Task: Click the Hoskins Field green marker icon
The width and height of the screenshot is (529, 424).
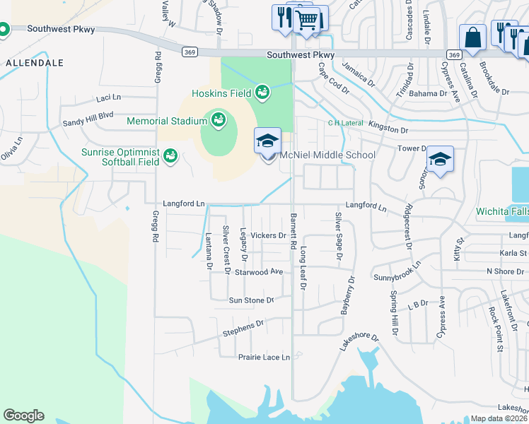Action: click(262, 92)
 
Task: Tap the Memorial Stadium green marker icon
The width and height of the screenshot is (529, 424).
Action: click(217, 119)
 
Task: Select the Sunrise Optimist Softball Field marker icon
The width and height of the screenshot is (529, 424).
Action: click(170, 155)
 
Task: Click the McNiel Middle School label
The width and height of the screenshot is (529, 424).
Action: click(327, 155)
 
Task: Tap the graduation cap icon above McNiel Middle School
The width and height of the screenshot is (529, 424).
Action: click(268, 140)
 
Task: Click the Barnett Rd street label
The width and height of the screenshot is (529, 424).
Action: click(293, 231)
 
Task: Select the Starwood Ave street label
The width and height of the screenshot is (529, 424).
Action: click(259, 271)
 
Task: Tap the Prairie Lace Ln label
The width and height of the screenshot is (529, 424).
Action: click(264, 358)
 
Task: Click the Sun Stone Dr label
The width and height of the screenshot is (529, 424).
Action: click(250, 300)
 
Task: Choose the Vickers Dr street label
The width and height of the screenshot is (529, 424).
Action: click(268, 235)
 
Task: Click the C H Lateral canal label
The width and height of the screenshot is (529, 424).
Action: click(344, 122)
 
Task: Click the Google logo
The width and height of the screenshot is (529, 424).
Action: click(23, 416)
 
